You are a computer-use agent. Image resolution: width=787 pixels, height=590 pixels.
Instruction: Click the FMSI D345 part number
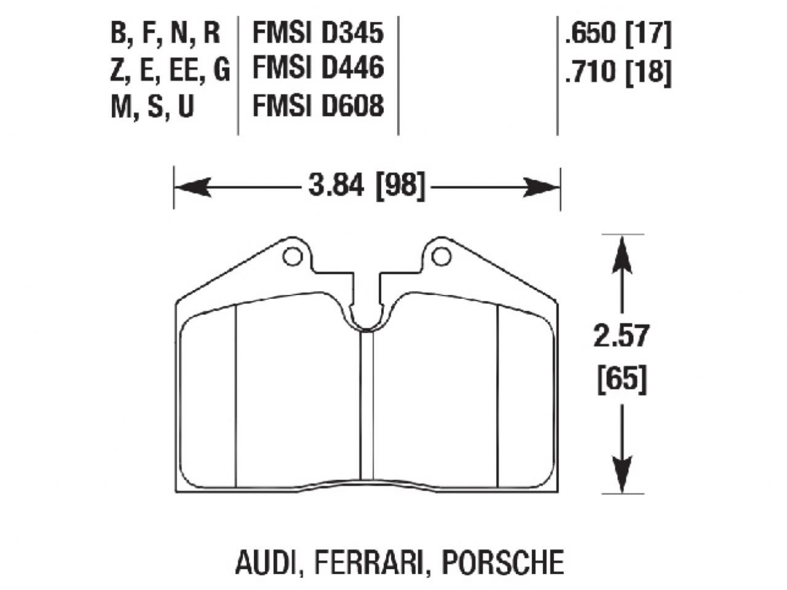318,33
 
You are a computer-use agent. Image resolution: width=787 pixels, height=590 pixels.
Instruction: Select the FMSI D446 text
318,69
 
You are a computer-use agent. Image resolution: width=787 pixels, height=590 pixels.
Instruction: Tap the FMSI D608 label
318,106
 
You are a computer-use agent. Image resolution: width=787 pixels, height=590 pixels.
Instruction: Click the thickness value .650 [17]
617,35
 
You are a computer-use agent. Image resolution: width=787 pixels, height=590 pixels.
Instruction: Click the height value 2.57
621,337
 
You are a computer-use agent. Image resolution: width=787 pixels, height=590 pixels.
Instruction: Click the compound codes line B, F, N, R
165,33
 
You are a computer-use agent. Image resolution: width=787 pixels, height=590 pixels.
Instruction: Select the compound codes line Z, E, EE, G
170,70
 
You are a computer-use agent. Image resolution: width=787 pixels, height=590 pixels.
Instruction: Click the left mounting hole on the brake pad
293,256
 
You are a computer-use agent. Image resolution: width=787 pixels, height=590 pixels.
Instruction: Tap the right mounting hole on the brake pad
440,256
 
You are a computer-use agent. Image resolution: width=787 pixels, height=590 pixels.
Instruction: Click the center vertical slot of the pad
367,406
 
